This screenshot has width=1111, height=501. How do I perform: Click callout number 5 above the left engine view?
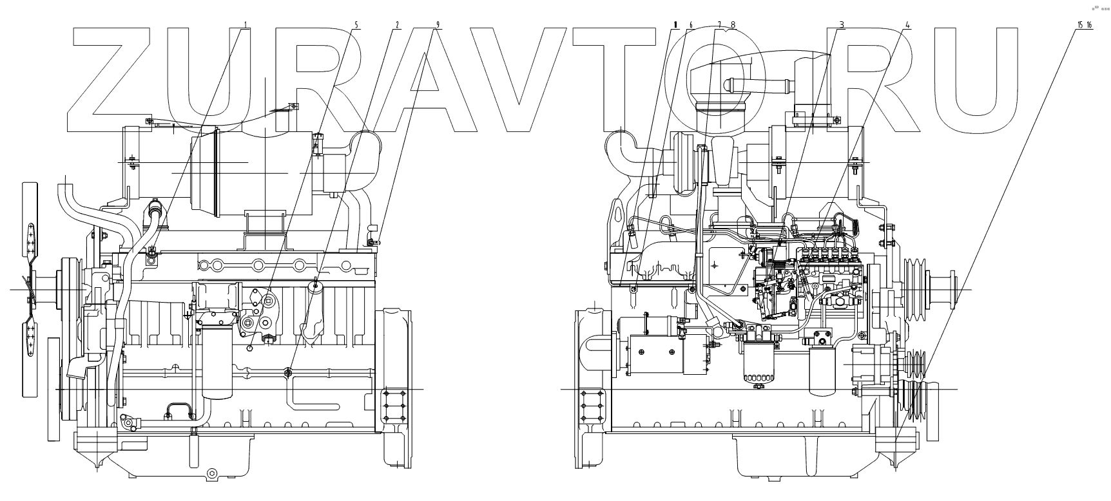356,25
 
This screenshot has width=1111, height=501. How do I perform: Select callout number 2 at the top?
397,25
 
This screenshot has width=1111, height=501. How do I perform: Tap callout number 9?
438,25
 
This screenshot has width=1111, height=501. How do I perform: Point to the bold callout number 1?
675,25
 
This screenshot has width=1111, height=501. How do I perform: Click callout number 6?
690,25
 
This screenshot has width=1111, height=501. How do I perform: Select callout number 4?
907,25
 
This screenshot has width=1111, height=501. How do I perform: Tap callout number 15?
1079,25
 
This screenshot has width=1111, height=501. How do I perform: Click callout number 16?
1089,25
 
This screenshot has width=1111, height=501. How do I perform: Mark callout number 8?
732,25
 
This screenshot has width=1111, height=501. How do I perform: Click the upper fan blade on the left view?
30,219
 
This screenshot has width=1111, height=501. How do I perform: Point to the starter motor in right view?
657,354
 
